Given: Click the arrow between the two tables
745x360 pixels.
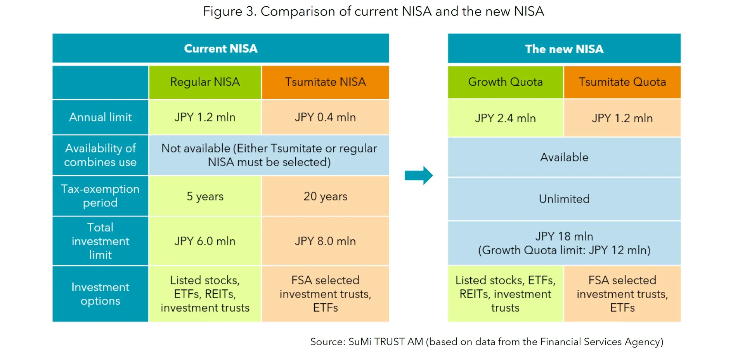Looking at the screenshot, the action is pos(418,175).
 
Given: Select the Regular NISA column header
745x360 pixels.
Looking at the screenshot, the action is pos(205,82).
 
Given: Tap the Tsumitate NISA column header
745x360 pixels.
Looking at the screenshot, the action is pos(325,82).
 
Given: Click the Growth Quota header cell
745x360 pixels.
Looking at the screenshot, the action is pos(505,82).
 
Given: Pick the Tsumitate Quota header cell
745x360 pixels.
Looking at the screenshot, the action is pos(622,82).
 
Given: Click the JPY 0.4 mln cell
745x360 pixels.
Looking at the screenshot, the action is pos(325,117).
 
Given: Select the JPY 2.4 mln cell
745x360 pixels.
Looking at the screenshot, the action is pos(505,118).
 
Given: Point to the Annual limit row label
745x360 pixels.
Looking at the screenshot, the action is pos(100,117).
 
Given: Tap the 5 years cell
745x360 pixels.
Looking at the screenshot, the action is pos(205,196).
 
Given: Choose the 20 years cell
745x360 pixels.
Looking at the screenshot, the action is pos(325,196).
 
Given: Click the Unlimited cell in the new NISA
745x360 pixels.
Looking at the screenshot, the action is pos(564,199).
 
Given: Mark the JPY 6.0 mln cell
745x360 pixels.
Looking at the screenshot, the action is pos(205,241).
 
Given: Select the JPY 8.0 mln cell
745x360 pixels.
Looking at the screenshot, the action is pos(325,241).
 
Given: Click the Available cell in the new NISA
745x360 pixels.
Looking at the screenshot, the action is pos(564,157).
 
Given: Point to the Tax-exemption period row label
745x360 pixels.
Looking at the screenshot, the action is pos(100,196).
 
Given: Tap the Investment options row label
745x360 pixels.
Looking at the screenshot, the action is pos(100,294).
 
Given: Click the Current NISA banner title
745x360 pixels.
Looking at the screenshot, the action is pos(220,48).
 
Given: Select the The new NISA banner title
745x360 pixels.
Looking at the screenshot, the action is pos(564,49).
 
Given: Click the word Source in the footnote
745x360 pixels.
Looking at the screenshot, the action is pos(327,342).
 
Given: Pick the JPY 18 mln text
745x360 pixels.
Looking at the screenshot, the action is pos(564,236).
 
